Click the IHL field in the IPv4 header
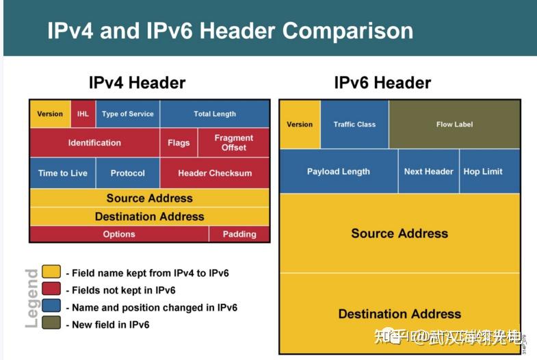coord(83,114)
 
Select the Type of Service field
coord(128,114)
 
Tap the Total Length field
coord(215,114)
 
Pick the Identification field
coord(94,143)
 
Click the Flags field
coord(179,143)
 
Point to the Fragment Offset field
coord(234,143)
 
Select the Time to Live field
coord(63,173)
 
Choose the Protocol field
coord(128,173)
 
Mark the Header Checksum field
coord(215,173)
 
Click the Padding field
coord(239,234)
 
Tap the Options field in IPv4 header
coord(119,234)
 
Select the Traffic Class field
coord(354,125)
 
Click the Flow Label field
coord(454,125)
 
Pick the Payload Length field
coord(339,172)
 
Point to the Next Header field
coord(429,172)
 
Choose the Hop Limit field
coord(483,172)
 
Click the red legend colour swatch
coord(51,290)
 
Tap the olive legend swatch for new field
coord(51,324)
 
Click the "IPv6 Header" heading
coord(382,83)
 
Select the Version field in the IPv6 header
coord(300,125)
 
